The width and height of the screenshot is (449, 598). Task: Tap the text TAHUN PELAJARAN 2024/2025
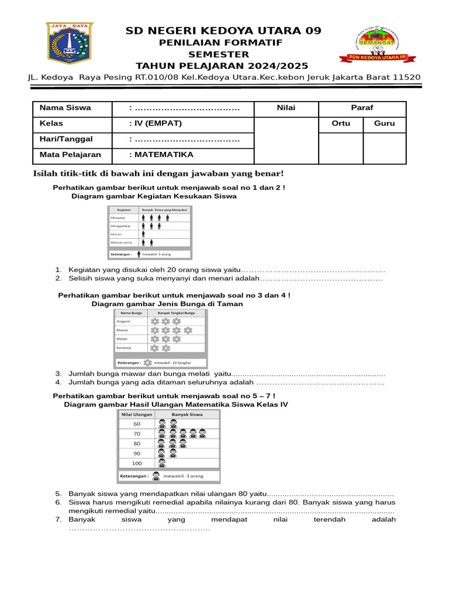pyautogui.click(x=222, y=65)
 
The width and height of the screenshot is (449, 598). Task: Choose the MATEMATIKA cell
pyautogui.click(x=161, y=155)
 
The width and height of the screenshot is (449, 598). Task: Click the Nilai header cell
pyautogui.click(x=286, y=108)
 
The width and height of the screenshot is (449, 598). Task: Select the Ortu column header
pyautogui.click(x=341, y=124)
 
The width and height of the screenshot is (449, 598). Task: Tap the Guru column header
pyautogui.click(x=384, y=124)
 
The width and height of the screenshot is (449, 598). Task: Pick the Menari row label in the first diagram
pyautogui.click(x=116, y=234)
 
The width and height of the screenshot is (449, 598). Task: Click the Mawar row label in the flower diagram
pyautogui.click(x=122, y=330)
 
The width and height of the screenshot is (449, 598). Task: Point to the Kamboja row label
pyautogui.click(x=124, y=347)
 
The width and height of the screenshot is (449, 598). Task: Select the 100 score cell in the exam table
pyautogui.click(x=137, y=463)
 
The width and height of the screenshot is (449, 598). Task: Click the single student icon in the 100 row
pyautogui.click(x=162, y=463)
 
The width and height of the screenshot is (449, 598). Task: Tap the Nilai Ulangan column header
pyautogui.click(x=137, y=414)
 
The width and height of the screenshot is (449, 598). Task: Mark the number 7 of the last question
pyautogui.click(x=58, y=519)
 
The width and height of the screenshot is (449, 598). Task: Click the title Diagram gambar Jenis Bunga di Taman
pyautogui.click(x=167, y=304)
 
